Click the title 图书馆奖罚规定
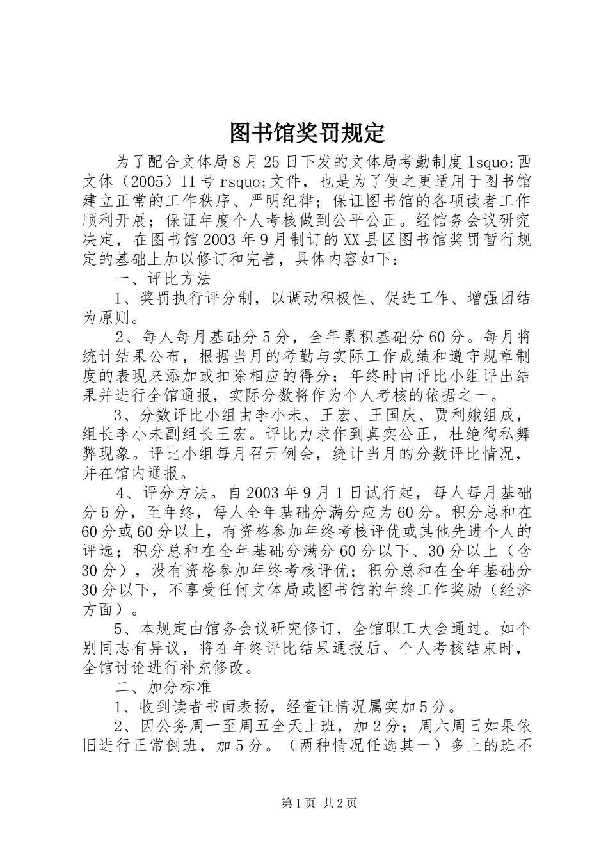pyautogui.click(x=307, y=132)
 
